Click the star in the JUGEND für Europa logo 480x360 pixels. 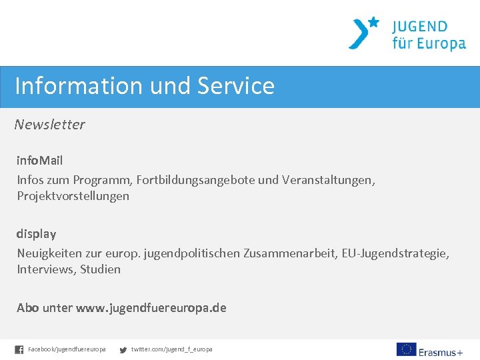pos(373,22)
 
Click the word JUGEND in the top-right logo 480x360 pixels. pos(420,27)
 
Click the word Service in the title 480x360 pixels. pos(236,86)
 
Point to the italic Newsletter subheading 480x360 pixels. pos(50,125)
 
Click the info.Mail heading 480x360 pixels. pos(40,161)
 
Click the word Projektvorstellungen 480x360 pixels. pos(73,196)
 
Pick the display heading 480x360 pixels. pos(37,234)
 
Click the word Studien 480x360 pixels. pos(100,269)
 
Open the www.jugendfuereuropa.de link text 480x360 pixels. pos(151,308)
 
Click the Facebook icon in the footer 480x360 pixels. pos(19,349)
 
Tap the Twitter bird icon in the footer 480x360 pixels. pos(123,349)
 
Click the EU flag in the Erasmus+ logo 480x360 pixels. pos(406,349)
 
